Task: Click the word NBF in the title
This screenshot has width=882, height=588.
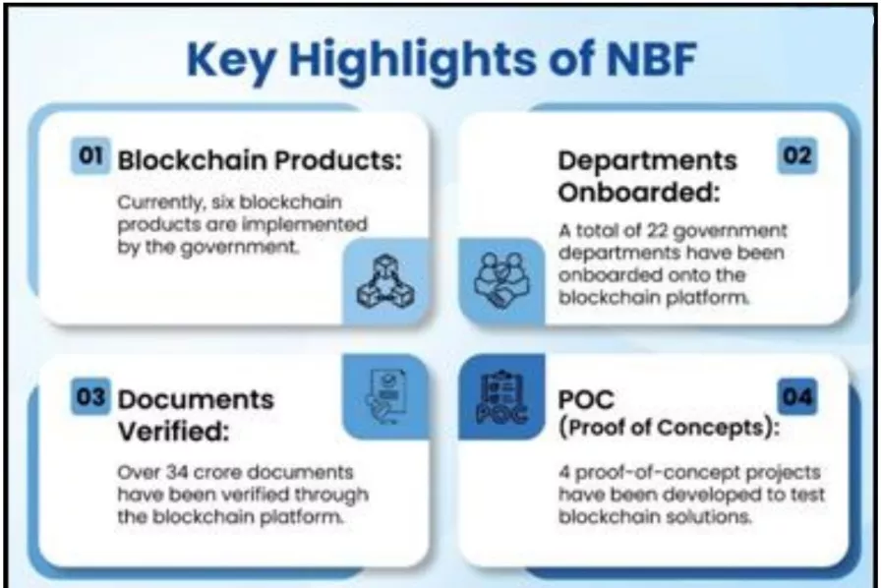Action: pos(652,58)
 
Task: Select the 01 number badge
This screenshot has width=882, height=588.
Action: pos(90,155)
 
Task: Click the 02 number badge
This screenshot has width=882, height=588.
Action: pos(797,155)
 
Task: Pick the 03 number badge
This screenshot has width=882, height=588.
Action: pos(90,396)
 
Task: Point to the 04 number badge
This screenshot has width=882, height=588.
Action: pos(797,396)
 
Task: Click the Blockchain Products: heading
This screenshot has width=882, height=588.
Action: pos(260,160)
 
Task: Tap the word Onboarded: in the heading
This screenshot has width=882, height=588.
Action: pos(639,193)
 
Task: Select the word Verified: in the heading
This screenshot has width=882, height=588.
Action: pos(174,432)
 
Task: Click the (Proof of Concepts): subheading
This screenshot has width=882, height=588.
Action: pos(669,428)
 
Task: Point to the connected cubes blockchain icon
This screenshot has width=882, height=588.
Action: pos(385,281)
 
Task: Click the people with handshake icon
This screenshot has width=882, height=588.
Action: pos(501,280)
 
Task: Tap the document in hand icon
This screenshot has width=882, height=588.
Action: pos(385,396)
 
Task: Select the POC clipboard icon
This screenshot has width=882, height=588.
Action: pos(501,396)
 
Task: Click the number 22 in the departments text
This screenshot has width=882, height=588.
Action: pos(657,231)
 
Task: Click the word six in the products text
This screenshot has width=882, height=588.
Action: pos(223,202)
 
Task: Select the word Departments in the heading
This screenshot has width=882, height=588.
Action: pos(647,161)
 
